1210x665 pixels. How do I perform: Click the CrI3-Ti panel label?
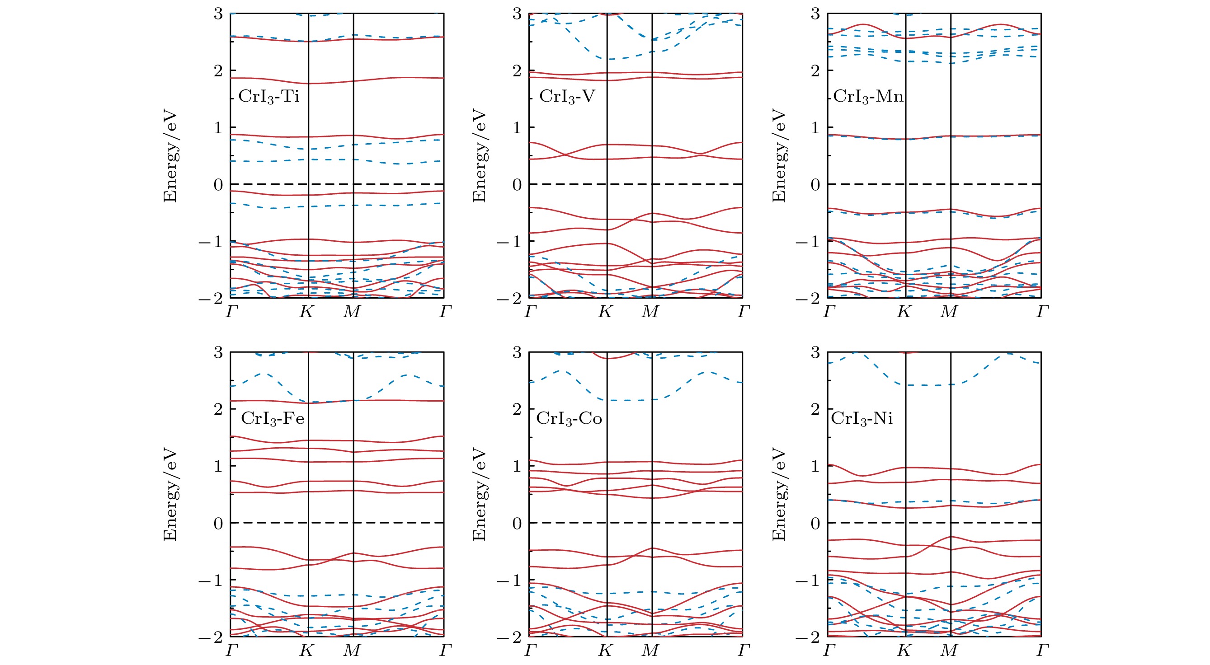(x=268, y=97)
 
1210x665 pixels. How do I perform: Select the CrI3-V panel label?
(x=567, y=97)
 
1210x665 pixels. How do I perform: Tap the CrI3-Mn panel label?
(x=868, y=97)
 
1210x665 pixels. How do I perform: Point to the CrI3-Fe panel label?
(x=273, y=418)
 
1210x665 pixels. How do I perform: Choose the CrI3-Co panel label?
(x=569, y=418)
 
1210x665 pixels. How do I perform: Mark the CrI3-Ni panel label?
(x=862, y=418)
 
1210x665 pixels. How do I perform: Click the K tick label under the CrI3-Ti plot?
(x=307, y=311)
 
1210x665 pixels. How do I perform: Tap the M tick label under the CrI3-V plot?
(x=650, y=311)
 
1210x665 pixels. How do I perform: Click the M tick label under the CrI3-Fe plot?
(x=352, y=651)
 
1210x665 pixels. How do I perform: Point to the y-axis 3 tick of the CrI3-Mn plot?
(x=815, y=14)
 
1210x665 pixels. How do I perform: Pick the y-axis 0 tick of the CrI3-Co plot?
(x=517, y=523)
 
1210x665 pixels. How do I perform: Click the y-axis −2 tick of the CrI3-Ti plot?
(x=211, y=298)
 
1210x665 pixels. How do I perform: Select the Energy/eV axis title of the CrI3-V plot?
(x=479, y=156)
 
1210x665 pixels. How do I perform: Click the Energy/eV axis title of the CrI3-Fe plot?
(x=170, y=495)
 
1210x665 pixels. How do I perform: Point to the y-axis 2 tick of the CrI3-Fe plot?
(x=218, y=409)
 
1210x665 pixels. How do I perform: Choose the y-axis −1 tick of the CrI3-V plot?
(x=509, y=242)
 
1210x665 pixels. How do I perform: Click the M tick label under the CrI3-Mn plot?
(x=949, y=311)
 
